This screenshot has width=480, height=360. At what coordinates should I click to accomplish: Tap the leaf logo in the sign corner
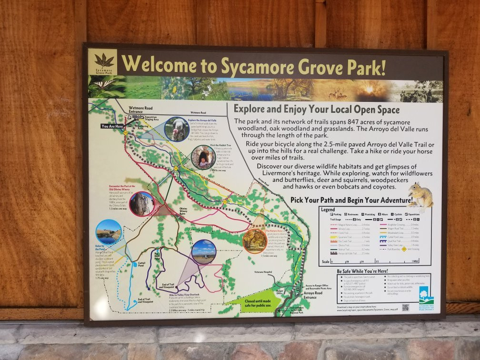(x=103, y=60)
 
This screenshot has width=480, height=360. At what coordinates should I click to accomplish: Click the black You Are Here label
(x=112, y=126)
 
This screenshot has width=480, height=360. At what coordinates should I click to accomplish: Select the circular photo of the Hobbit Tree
(x=203, y=158)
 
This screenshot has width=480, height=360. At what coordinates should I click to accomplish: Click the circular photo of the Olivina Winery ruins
(x=142, y=204)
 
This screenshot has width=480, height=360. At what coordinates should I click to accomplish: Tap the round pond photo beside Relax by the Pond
(x=109, y=232)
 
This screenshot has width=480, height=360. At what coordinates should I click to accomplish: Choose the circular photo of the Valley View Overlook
(x=204, y=252)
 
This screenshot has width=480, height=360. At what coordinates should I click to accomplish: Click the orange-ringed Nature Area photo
(x=254, y=241)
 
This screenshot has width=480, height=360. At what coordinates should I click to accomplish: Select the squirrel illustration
(x=420, y=195)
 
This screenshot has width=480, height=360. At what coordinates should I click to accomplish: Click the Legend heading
(x=328, y=210)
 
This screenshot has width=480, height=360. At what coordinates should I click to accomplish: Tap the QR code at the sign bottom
(x=405, y=307)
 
